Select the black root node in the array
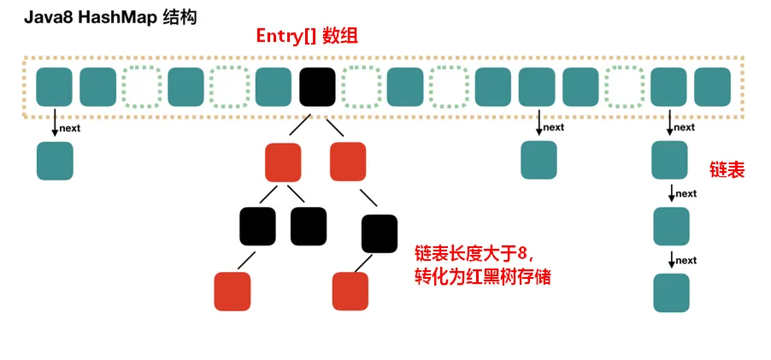click(318, 86)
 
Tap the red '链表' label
click(727, 170)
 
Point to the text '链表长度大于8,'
click(474, 253)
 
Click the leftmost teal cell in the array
click(55, 86)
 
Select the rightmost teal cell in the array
click(713, 86)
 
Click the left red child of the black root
click(284, 161)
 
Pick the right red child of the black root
click(348, 161)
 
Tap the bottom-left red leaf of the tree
click(232, 291)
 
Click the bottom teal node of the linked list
click(671, 292)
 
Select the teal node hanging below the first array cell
click(55, 161)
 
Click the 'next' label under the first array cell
click(70, 128)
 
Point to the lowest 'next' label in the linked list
click(686, 260)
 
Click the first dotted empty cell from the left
click(142, 86)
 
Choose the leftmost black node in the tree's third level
click(257, 226)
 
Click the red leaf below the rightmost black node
click(350, 291)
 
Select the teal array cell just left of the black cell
click(274, 86)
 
